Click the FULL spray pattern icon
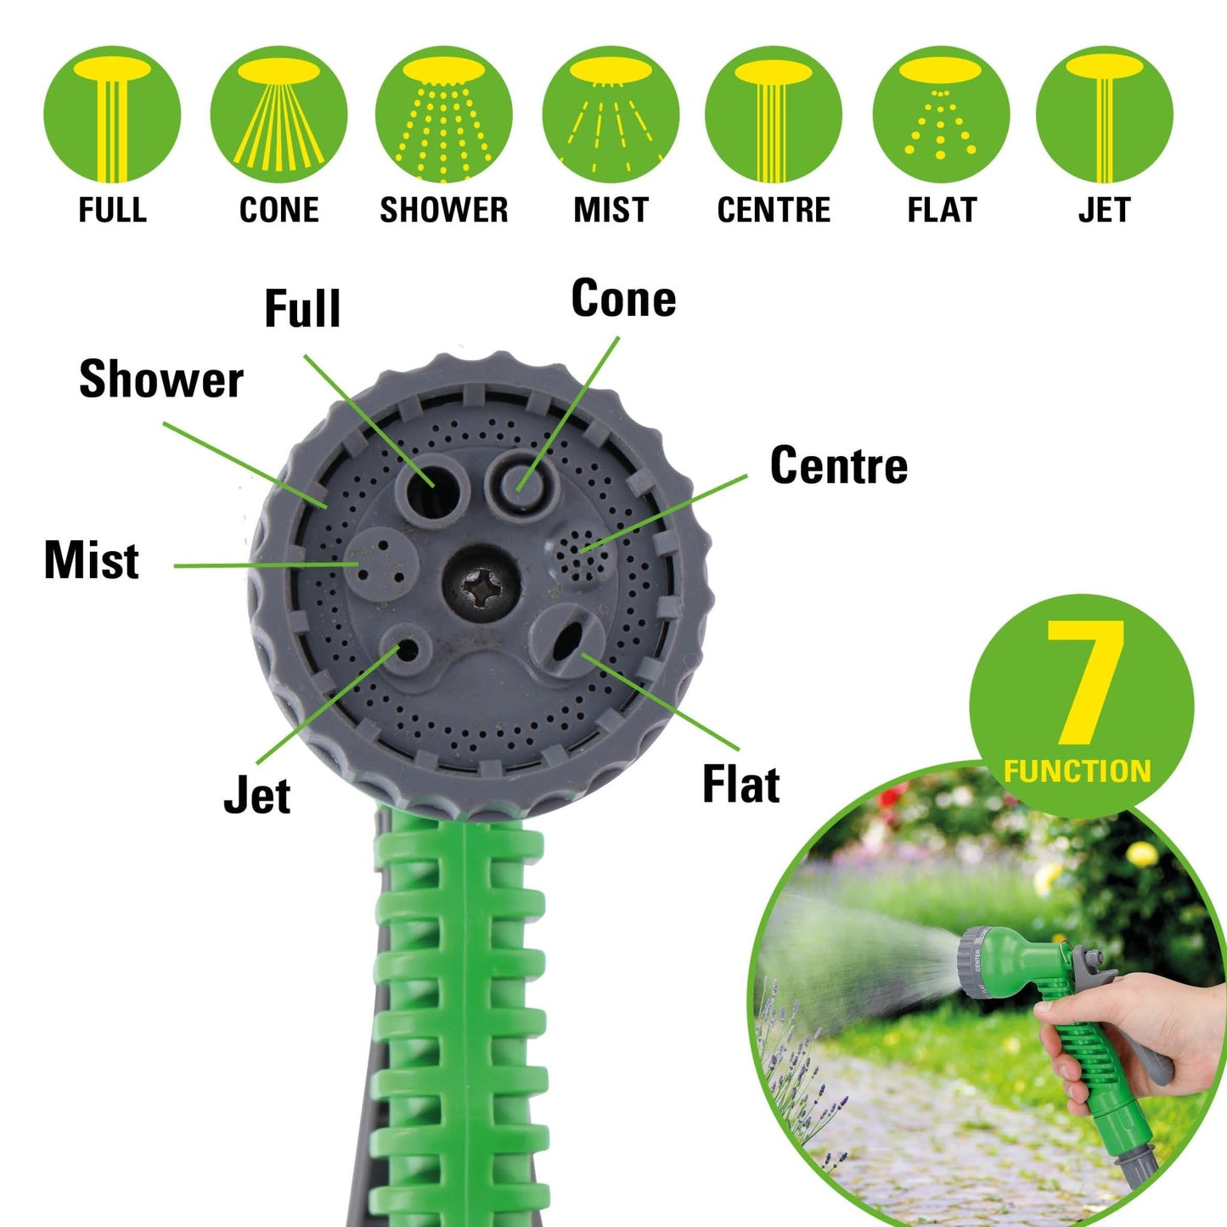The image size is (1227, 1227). click(112, 115)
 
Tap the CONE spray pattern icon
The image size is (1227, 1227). click(279, 115)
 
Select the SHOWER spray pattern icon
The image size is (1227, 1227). click(443, 115)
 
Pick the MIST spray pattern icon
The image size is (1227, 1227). click(611, 115)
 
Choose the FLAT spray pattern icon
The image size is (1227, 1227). click(941, 115)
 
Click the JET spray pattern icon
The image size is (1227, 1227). click(1104, 115)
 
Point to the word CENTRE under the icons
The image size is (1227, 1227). click(774, 210)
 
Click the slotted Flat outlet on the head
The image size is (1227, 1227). click(566, 639)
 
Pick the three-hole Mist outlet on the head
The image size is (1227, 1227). click(380, 561)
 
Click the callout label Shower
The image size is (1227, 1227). click(161, 380)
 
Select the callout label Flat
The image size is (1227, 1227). click(740, 784)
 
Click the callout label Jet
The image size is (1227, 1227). click(256, 796)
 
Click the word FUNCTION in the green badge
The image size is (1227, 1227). click(1077, 771)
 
